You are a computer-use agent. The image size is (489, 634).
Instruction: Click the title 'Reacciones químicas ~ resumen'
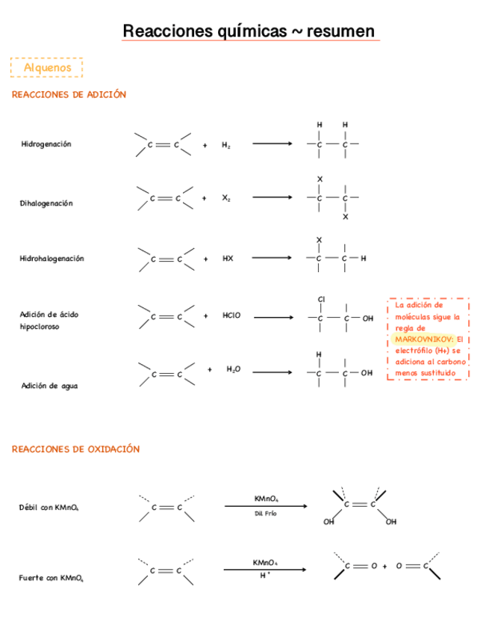coord(249,31)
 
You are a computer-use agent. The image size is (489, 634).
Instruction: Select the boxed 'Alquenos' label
coord(47,68)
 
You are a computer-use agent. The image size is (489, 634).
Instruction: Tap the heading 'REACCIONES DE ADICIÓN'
coord(69,95)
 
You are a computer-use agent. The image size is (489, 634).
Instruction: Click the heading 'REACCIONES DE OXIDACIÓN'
coord(75,449)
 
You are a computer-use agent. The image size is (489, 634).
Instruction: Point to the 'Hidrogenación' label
coord(46,144)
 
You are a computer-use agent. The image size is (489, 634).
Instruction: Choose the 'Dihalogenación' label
coord(46,203)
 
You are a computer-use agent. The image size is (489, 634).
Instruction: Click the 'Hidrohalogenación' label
coord(52,259)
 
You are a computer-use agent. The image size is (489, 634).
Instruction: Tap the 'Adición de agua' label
coord(49,386)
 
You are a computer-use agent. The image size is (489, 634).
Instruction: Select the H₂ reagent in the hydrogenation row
coord(226,146)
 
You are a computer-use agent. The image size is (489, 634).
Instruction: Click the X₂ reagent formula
coord(226,199)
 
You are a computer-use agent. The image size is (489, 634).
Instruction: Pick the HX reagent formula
coord(228,259)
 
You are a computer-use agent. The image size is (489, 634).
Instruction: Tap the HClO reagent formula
coord(231,316)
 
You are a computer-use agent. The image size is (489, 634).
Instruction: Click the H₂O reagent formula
coord(234,369)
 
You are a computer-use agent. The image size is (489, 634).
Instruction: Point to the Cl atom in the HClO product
coord(322,299)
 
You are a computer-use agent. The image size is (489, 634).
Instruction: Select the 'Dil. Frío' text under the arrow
coord(266,514)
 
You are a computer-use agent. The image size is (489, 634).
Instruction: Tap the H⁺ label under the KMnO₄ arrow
coord(265,576)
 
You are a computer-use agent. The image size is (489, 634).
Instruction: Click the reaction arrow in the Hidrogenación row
coord(272,144)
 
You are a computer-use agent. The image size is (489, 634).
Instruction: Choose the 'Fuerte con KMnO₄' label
coord(49,578)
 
